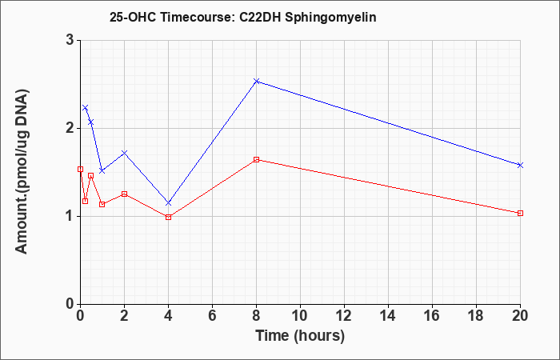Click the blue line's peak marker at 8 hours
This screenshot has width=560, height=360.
(x=257, y=81)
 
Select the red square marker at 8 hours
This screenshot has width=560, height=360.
(x=257, y=160)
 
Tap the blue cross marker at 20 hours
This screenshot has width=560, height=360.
(x=520, y=165)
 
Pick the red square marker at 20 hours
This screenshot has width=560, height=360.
(x=520, y=214)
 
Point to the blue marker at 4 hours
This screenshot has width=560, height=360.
(x=169, y=203)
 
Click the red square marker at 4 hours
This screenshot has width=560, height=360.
(x=169, y=217)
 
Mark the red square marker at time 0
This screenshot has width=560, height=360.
(x=80, y=170)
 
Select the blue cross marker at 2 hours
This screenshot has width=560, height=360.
(x=124, y=153)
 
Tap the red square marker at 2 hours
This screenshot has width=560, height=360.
(x=124, y=194)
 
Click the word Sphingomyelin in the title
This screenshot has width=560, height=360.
(x=330, y=18)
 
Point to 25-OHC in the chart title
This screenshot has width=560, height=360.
(x=133, y=17)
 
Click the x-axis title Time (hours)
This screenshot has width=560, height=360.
(x=300, y=336)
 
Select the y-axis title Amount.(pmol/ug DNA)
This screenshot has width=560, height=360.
(x=22, y=172)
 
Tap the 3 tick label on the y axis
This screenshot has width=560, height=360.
(x=70, y=40)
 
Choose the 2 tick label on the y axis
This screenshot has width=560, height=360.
(x=70, y=128)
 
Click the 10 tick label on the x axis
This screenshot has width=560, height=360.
(x=300, y=316)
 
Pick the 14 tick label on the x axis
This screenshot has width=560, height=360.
(x=388, y=316)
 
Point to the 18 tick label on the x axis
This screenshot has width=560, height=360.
(x=477, y=316)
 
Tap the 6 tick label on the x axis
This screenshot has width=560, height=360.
(x=213, y=316)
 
